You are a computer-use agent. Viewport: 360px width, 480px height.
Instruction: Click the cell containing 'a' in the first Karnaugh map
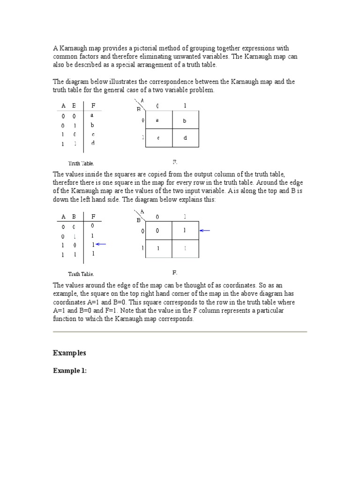pyautogui.click(x=159, y=120)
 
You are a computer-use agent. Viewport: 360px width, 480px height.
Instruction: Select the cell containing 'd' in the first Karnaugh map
pyautogui.click(x=186, y=138)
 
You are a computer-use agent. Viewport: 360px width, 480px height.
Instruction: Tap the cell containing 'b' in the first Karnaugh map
pyautogui.click(x=186, y=120)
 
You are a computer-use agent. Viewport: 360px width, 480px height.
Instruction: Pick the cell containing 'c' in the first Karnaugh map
pyautogui.click(x=159, y=138)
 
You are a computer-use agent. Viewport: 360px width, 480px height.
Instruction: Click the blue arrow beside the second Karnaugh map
pyautogui.click(x=205, y=230)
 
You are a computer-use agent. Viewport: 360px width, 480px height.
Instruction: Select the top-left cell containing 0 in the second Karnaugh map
pyautogui.click(x=159, y=231)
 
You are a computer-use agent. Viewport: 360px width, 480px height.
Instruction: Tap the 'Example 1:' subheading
pyautogui.click(x=70, y=371)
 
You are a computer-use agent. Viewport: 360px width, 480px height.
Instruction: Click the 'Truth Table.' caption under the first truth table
pyautogui.click(x=81, y=164)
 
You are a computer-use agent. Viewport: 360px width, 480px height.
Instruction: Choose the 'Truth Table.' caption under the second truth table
pyautogui.click(x=81, y=274)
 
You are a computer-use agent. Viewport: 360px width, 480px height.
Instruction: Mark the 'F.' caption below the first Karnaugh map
pyautogui.click(x=175, y=162)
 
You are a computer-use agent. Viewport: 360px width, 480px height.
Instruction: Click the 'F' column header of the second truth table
pyautogui.click(x=93, y=217)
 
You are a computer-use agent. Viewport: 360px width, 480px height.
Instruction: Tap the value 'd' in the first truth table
pyautogui.click(x=93, y=143)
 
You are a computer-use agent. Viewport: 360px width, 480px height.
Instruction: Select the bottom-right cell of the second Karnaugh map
pyautogui.click(x=186, y=248)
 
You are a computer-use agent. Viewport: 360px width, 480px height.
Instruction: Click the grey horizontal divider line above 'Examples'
pyautogui.click(x=180, y=332)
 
